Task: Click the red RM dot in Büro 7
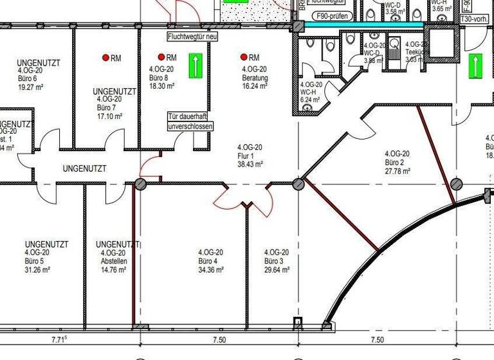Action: tap(106, 58)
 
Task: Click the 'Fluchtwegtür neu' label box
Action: tap(192, 37)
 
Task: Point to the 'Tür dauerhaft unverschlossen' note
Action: tap(187, 122)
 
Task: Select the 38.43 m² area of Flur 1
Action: tap(250, 164)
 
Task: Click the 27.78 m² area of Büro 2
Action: tap(397, 172)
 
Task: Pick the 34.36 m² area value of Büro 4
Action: tap(210, 271)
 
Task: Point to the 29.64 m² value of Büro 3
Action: tap(277, 271)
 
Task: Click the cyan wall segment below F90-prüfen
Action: tap(363, 25)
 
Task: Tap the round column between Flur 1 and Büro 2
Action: tap(298, 184)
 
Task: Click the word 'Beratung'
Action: tap(255, 78)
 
